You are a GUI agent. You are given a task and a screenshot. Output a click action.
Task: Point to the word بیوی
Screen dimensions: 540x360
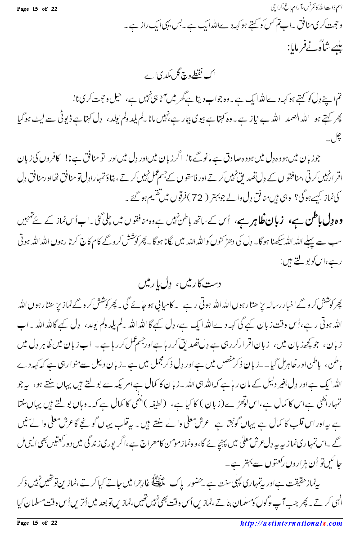(x=186, y=122)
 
